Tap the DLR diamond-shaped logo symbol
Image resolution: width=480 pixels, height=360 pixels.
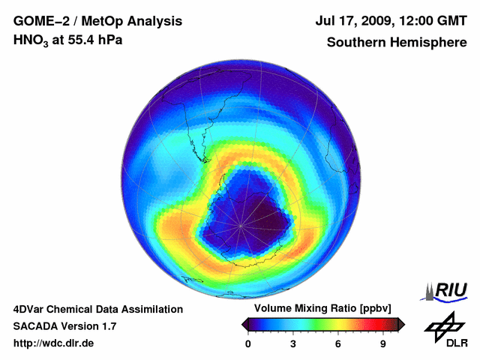coord(443,325)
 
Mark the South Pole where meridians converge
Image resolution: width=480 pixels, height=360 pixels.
coord(241,224)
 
